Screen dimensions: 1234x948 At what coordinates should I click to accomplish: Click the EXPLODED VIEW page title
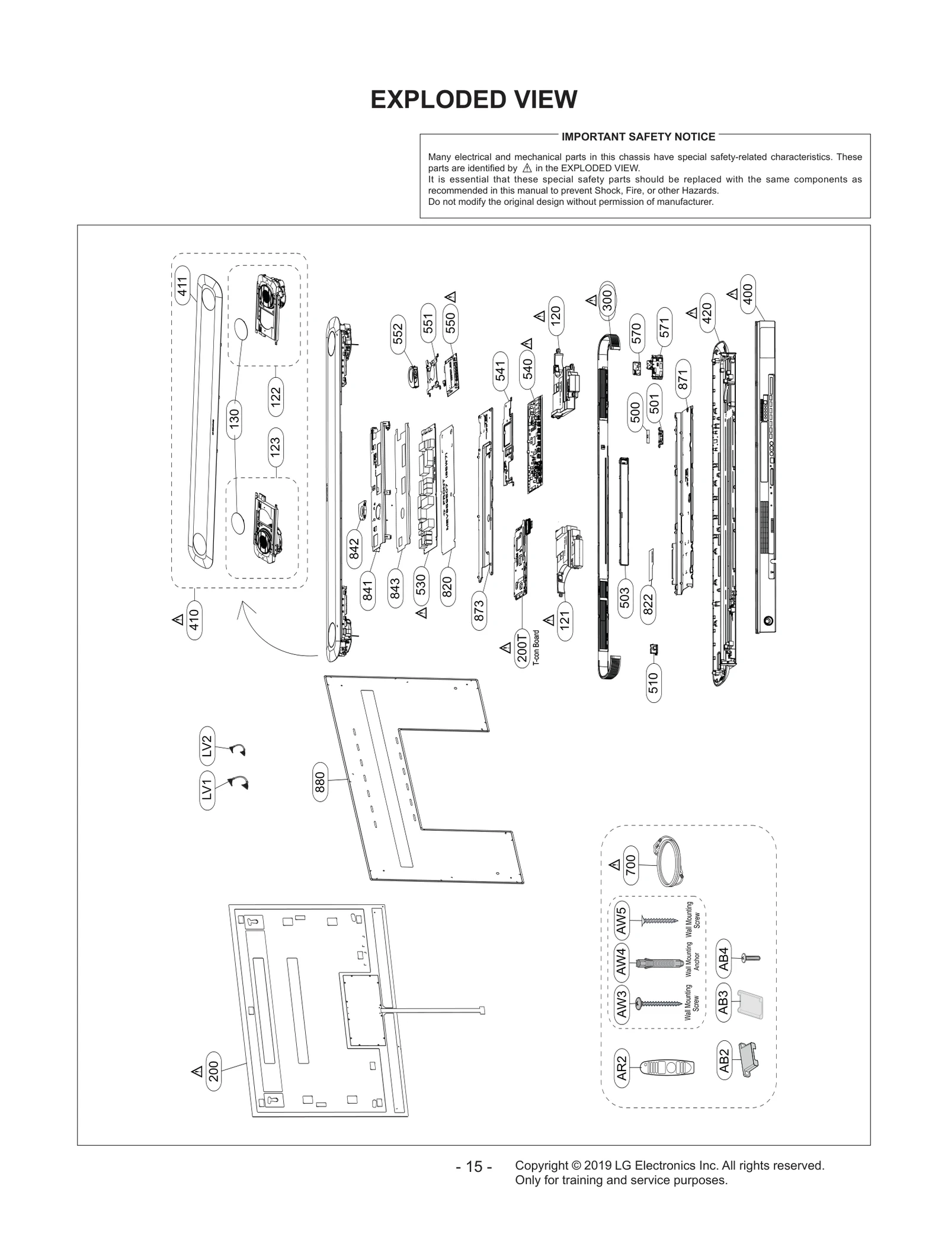(x=473, y=99)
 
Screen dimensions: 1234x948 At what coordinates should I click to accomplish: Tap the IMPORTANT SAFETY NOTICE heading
(x=638, y=137)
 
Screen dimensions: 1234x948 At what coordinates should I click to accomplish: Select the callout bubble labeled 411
(x=182, y=286)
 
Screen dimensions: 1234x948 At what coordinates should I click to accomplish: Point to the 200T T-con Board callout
(x=522, y=650)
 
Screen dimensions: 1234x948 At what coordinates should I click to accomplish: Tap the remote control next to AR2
(x=667, y=1068)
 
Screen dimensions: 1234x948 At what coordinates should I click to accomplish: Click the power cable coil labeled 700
(x=668, y=862)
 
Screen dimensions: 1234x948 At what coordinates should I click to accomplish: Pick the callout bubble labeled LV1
(x=207, y=790)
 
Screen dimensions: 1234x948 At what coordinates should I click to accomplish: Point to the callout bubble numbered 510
(x=653, y=683)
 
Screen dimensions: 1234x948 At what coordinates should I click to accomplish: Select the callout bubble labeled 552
(x=398, y=333)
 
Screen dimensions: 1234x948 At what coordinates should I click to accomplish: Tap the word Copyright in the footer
(x=541, y=1165)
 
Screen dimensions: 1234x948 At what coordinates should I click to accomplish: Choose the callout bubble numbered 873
(x=479, y=610)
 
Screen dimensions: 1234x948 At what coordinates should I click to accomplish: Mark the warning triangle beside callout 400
(x=732, y=293)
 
